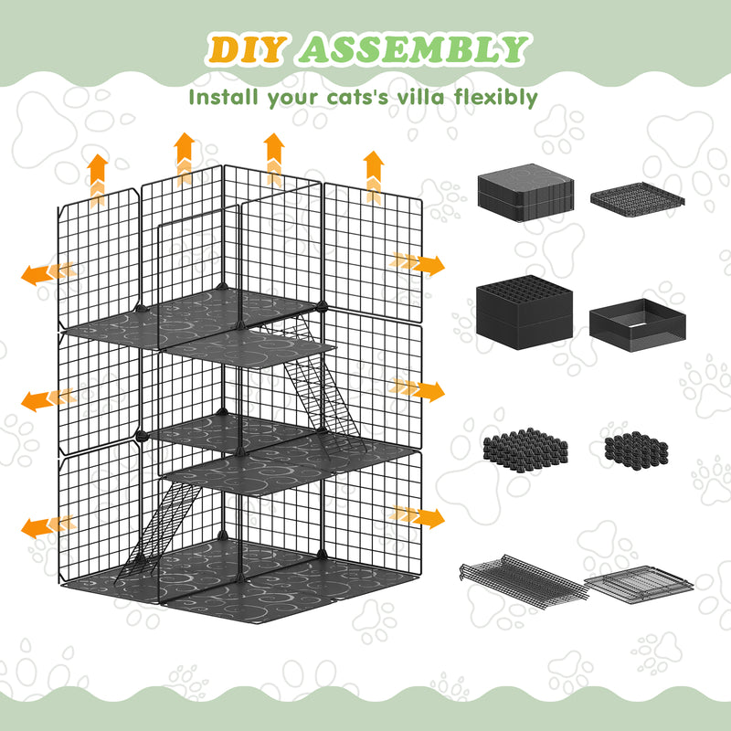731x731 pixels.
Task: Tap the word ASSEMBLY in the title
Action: coord(414,50)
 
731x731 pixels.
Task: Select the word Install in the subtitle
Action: coord(225,97)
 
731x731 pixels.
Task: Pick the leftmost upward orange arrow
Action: coord(98,174)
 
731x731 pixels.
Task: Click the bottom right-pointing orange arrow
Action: coord(421,517)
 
